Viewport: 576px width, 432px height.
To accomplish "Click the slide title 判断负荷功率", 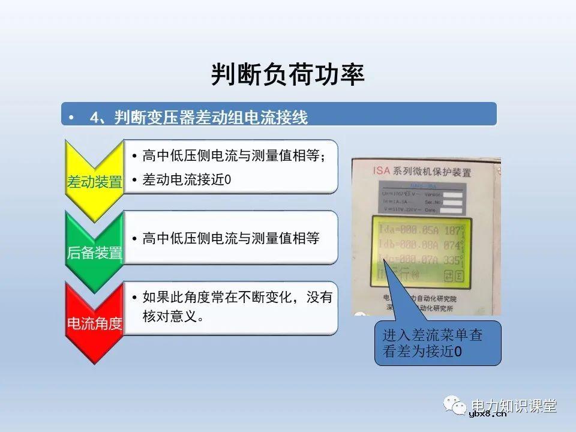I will coord(287,75).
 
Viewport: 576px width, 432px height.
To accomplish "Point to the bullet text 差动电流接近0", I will coord(187,180).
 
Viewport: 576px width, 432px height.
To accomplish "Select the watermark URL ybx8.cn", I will coord(488,413).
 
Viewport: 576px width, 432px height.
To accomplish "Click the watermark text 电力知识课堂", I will coord(514,405).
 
